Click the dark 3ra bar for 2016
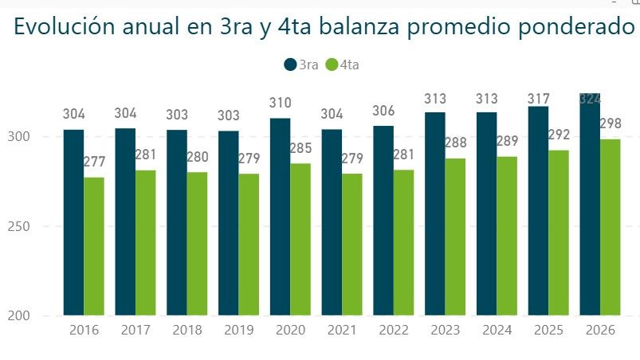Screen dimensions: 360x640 pos(73,222)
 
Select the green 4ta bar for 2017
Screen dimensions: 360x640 pos(146,243)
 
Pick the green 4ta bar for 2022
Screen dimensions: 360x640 pos(404,243)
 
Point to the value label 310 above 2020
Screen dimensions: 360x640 pos(280,103)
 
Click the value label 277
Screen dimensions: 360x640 pos(94,162)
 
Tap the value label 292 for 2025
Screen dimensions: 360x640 pos(559,135)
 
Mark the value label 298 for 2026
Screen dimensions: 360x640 pos(611,124)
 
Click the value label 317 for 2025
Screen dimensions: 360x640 pos(538,99)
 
